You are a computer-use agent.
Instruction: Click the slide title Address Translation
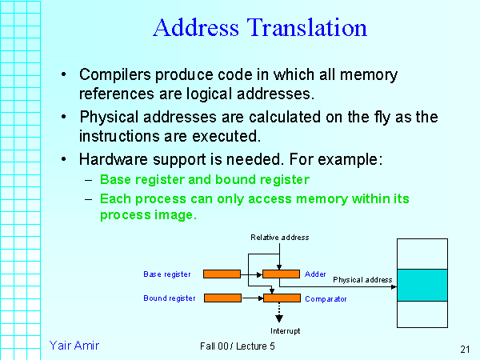(x=259, y=28)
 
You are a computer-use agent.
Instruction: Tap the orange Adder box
(x=281, y=274)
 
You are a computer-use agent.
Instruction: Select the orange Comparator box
(x=281, y=298)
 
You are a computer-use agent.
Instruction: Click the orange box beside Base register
(x=222, y=274)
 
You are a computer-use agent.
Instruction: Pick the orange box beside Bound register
(x=222, y=298)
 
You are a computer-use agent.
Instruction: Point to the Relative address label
(x=279, y=238)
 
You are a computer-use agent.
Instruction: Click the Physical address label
(x=362, y=280)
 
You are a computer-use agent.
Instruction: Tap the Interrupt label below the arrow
(x=285, y=330)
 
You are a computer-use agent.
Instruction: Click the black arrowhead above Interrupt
(x=279, y=318)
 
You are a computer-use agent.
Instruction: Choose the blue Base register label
(x=167, y=274)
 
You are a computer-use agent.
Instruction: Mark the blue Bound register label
(x=170, y=298)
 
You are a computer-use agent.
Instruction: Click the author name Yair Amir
(x=74, y=346)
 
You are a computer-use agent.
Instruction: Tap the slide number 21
(x=465, y=349)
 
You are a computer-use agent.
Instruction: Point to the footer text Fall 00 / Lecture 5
(x=238, y=346)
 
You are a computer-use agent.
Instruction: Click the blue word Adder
(x=315, y=274)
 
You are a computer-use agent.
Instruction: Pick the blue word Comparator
(x=325, y=298)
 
